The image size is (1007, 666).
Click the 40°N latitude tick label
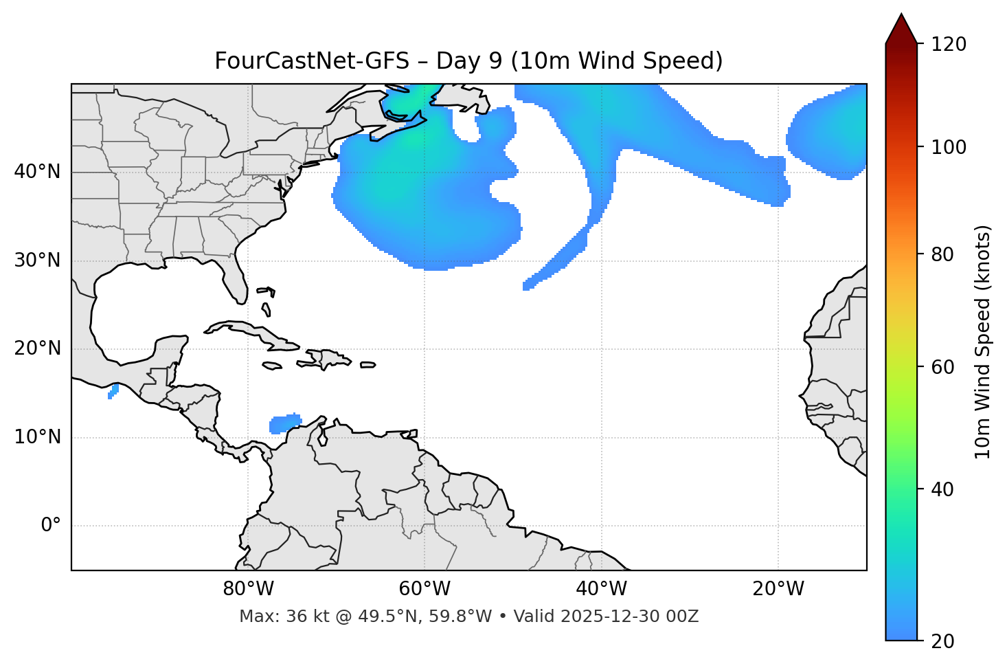pyautogui.click(x=37, y=172)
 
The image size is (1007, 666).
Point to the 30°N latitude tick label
pyautogui.click(x=37, y=260)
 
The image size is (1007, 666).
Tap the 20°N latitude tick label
pyautogui.click(x=37, y=348)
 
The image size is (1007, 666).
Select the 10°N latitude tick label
pyautogui.click(x=37, y=437)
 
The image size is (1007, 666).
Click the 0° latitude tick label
pyautogui.click(x=50, y=526)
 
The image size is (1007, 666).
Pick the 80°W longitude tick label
pyautogui.click(x=248, y=589)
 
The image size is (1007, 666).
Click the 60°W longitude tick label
pyautogui.click(x=425, y=589)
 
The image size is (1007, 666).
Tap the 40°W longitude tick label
pyautogui.click(x=601, y=589)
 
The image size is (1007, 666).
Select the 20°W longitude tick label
pyautogui.click(x=778, y=589)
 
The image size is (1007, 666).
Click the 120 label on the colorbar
pyautogui.click(x=948, y=45)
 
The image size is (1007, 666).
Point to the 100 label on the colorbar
pyautogui.click(x=948, y=147)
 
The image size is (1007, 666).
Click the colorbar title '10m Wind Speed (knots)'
pyautogui.click(x=983, y=342)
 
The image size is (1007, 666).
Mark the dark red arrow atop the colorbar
pyautogui.click(x=901, y=30)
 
